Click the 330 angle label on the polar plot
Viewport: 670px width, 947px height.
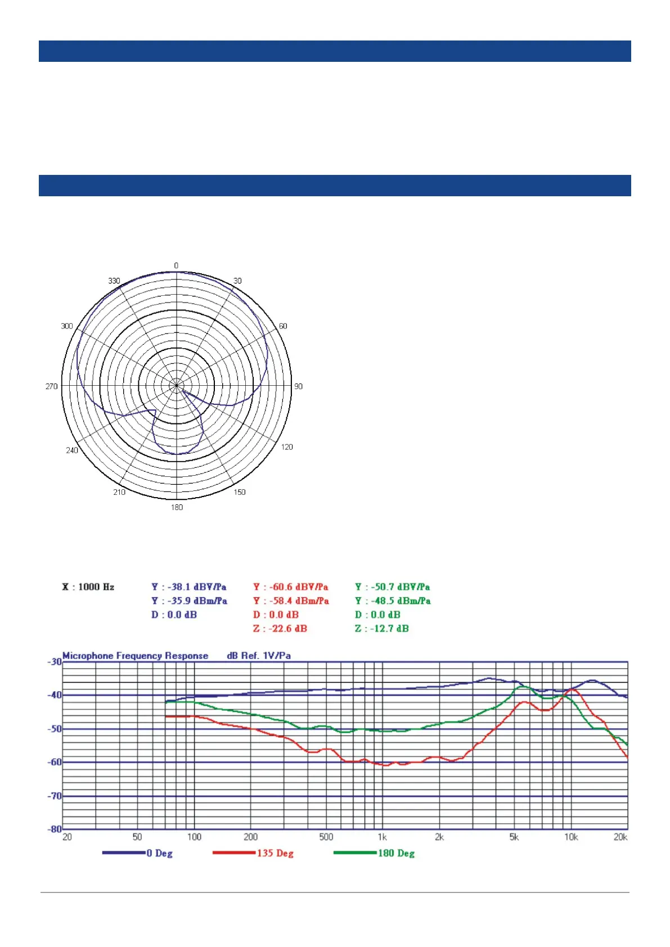(114, 281)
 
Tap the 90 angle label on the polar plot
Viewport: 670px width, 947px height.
(299, 386)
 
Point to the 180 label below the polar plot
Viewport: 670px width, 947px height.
(177, 507)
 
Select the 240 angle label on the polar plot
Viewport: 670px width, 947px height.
(72, 450)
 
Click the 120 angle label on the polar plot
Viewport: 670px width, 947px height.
(287, 447)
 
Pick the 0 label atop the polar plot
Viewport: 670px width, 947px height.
(177, 265)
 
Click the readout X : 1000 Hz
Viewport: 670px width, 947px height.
(88, 587)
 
